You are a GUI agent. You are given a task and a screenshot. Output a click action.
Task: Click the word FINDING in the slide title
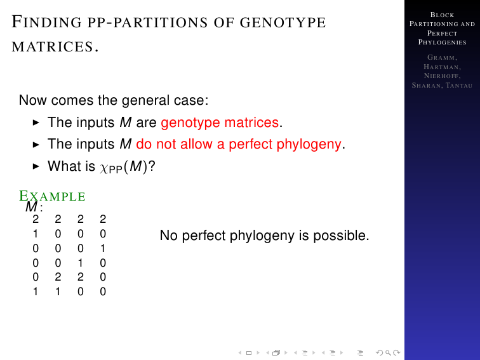[46, 22]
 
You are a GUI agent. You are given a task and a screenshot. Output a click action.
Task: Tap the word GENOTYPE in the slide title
[283, 22]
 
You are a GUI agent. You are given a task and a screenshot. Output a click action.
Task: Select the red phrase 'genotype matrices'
[220, 123]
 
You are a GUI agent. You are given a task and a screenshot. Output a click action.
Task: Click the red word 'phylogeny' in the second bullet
[309, 145]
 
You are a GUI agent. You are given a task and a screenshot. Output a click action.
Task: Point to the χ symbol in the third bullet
[103, 168]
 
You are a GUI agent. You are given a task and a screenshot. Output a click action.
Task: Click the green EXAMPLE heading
[52, 196]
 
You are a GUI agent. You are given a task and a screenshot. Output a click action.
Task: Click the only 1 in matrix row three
[103, 248]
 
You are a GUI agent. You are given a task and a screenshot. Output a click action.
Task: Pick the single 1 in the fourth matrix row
[80, 263]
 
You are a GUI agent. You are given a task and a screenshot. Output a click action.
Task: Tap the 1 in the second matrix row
[36, 234]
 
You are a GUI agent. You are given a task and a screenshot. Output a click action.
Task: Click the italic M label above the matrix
[32, 207]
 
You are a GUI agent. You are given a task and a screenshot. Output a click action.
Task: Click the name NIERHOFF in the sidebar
[442, 76]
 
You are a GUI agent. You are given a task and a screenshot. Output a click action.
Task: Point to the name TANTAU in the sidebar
[459, 85]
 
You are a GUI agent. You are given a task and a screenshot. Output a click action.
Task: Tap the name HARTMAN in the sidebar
[442, 67]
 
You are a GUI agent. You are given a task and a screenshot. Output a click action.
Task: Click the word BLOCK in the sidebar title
[442, 15]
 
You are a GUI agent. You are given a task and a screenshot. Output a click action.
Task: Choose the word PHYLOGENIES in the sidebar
[442, 43]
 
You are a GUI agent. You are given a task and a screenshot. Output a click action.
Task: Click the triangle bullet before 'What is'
[36, 166]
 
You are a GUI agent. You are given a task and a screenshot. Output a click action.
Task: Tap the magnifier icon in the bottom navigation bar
[388, 352]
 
